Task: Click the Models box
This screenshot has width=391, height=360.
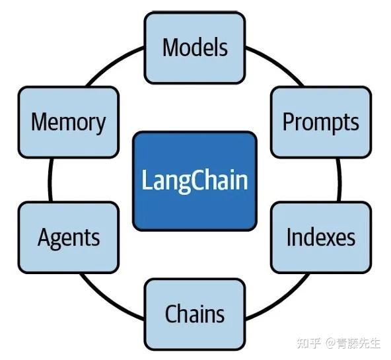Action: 195,47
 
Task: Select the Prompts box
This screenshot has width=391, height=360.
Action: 321,122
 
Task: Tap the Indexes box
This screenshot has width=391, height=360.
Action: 321,238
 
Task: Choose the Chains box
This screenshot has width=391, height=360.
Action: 195,313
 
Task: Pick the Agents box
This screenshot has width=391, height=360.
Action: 69,238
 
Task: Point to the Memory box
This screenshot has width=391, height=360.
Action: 69,122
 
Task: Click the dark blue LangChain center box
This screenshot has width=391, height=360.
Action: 195,180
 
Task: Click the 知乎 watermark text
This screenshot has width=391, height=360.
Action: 308,343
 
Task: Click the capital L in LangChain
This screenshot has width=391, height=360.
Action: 147,180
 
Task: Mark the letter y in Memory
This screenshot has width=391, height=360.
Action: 99,124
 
